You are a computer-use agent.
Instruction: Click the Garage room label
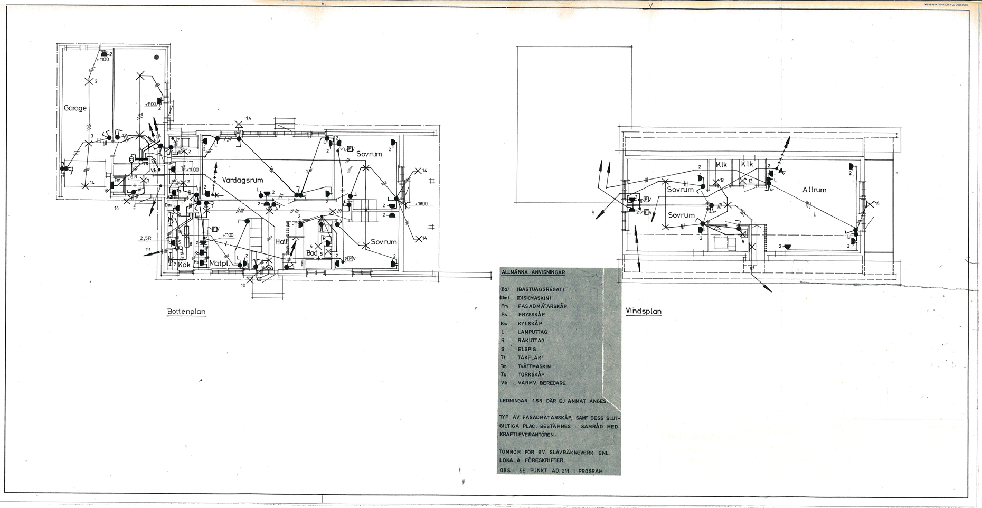75,108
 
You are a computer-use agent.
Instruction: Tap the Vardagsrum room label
242,180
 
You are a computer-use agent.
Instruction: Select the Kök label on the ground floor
184,264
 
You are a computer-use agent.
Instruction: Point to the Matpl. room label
219,263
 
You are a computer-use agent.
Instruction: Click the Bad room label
312,253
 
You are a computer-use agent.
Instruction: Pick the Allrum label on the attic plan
814,190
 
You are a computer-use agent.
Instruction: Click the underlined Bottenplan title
186,312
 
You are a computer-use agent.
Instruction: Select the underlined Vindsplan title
644,311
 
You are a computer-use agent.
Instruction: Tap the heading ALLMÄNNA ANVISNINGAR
533,272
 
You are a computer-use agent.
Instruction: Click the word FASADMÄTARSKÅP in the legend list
542,306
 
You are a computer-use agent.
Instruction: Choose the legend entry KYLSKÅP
530,323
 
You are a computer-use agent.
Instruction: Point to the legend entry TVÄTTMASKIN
534,366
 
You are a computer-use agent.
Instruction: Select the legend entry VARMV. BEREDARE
542,383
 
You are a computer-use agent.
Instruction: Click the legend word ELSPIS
527,349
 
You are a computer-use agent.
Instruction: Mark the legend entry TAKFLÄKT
531,358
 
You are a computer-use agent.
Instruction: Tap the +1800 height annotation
421,204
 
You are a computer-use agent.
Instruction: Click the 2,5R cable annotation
146,238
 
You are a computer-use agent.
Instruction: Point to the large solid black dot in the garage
156,57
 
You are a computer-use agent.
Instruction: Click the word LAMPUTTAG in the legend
532,332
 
